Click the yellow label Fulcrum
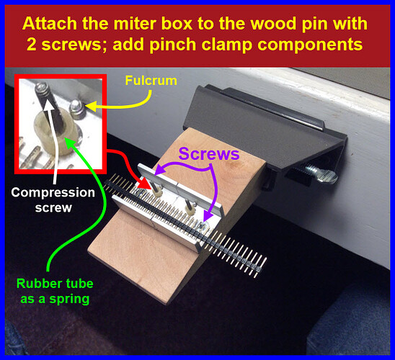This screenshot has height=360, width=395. click(151, 81)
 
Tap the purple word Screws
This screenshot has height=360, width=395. click(209, 153)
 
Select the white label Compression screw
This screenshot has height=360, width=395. click(53, 200)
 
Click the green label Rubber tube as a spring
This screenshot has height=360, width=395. click(55, 291)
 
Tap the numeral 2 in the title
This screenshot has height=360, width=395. click(32, 45)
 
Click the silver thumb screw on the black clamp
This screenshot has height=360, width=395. click(321, 174)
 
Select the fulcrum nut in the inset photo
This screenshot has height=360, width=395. click(77, 109)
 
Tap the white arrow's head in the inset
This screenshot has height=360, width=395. click(48, 104)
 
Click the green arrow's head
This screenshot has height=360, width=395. click(70, 142)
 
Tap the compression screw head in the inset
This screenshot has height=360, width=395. click(41, 88)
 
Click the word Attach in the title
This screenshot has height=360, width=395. click(50, 24)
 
